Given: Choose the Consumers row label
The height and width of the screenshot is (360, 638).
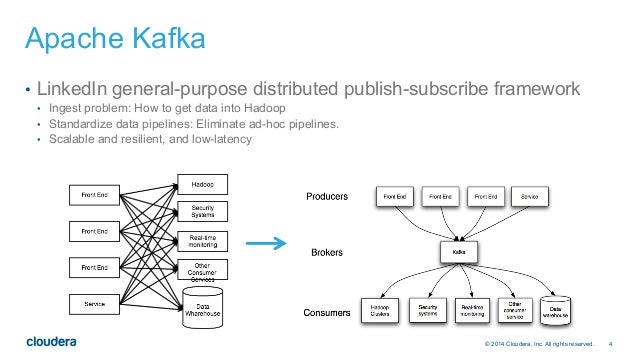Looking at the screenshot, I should pos(326,313).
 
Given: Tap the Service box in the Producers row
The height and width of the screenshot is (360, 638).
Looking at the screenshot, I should pos(530,197).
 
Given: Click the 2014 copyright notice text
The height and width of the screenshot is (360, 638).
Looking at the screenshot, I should pos(531,345).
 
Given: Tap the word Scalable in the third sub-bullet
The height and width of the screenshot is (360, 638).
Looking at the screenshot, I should pos(65,139).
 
